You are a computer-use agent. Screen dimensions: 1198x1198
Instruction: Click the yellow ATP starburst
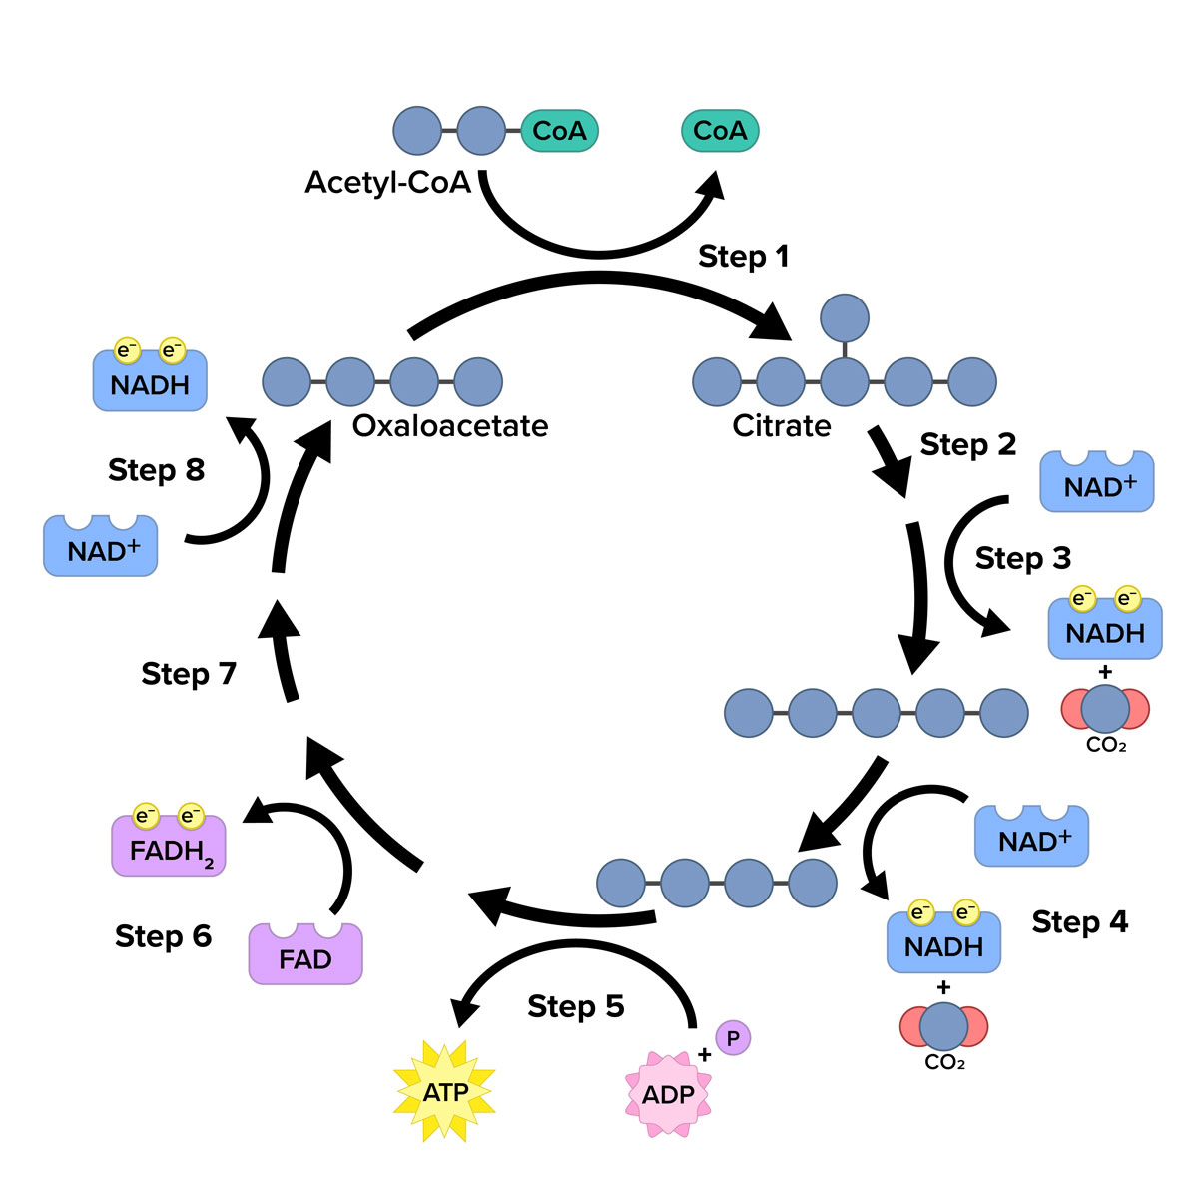445,1092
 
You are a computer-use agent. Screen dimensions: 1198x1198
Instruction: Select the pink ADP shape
668,1094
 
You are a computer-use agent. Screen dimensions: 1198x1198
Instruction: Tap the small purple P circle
733,1038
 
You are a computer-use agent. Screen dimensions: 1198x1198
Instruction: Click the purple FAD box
305,955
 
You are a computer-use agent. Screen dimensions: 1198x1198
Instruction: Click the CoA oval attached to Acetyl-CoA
559,131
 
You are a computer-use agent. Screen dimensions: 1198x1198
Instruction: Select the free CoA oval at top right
720,131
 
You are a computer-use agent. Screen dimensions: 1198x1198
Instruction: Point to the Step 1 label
744,257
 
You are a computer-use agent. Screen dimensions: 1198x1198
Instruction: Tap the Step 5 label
576,1006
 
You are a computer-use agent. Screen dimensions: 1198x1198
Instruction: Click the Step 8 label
156,470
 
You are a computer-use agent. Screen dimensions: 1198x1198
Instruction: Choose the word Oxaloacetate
450,426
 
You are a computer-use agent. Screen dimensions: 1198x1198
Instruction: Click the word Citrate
782,426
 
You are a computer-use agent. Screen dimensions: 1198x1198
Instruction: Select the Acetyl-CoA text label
387,183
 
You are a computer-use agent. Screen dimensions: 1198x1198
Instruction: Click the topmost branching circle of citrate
845,318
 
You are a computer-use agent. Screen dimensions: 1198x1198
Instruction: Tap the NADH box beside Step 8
150,382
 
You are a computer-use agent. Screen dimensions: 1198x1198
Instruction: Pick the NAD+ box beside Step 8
101,547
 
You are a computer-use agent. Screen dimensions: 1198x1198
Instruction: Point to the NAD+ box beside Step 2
1097,484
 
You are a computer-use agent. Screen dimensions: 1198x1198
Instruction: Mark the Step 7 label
189,674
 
